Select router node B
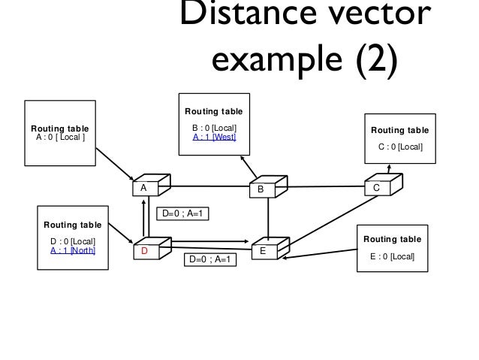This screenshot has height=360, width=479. click(264, 188)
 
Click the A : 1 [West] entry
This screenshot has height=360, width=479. click(214, 138)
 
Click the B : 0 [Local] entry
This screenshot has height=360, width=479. click(214, 127)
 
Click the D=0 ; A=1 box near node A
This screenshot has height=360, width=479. click(182, 214)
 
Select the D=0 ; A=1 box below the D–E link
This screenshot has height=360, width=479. click(210, 260)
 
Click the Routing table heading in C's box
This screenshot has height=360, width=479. click(399, 130)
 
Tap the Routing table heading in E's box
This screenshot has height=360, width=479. click(392, 239)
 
